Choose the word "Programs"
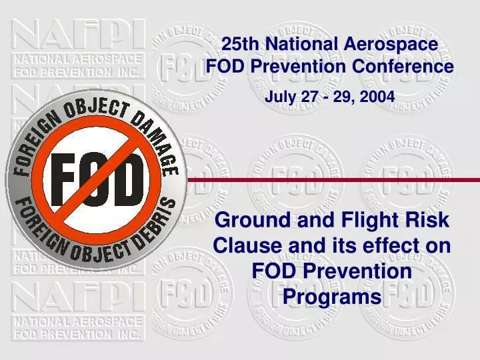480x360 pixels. click(331, 296)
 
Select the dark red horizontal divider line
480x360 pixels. click(333, 179)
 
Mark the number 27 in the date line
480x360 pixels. click(311, 97)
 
